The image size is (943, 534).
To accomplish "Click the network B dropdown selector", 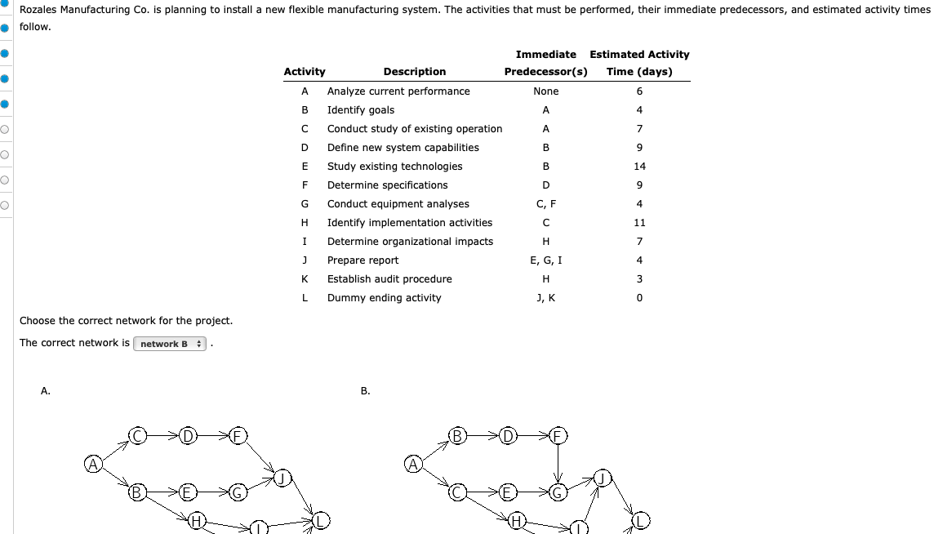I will pos(171,344).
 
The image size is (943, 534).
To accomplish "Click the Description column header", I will pos(414,72).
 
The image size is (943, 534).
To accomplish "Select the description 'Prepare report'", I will pos(363,260).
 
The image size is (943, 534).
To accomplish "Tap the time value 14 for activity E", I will pos(639,167).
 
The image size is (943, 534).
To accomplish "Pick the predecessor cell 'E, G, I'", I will pos(545,260).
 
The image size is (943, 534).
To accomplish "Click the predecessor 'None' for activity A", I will pos(545,91).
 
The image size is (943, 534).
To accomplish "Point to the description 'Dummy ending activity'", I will pos(384,298).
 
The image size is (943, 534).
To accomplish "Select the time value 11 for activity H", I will pos(639,223).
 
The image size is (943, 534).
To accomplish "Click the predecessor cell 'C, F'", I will pos(545,204).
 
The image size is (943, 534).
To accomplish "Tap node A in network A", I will pos(94,465).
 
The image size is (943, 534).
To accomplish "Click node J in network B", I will pos(603,478).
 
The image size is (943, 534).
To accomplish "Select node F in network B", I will pos(558,435).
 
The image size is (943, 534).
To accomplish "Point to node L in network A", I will pos(322,519).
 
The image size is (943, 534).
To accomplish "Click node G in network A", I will pos(238,492).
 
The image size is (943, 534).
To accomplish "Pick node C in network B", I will pos(458,492).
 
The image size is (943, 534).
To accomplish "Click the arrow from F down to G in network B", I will pos(558,464).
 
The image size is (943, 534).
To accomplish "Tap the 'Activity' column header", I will pos(304,72).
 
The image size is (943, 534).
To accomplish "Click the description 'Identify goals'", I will pos(360,110).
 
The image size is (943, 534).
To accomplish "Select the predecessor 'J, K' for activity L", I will pos(545,298).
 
